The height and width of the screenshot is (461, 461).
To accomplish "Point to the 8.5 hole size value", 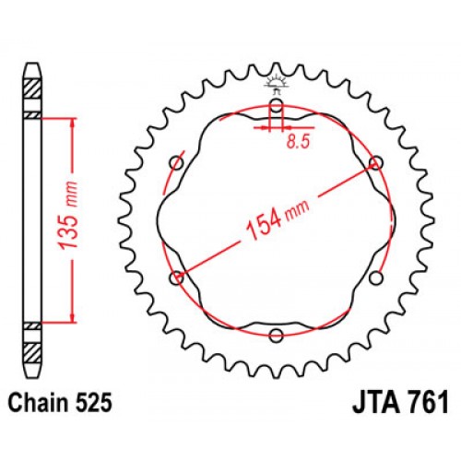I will (x=293, y=142).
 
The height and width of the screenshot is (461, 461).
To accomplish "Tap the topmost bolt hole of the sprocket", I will (x=276, y=105).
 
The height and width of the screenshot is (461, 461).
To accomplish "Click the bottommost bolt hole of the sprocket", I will (x=276, y=335).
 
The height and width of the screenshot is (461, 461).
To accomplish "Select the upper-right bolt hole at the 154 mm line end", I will (x=375, y=163).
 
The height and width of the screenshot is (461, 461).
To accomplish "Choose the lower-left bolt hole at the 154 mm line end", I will (x=177, y=277).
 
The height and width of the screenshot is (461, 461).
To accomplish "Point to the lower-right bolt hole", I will (x=375, y=277).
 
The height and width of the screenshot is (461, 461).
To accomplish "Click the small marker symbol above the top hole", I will (x=276, y=85).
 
